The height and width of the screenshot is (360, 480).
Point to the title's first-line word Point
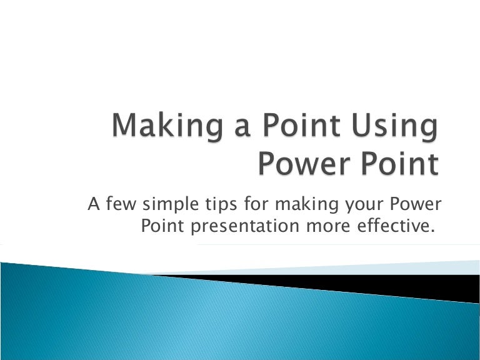click(x=301, y=127)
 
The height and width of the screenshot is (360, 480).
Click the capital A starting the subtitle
click(x=95, y=204)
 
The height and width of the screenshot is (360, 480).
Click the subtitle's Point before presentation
click(x=162, y=226)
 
